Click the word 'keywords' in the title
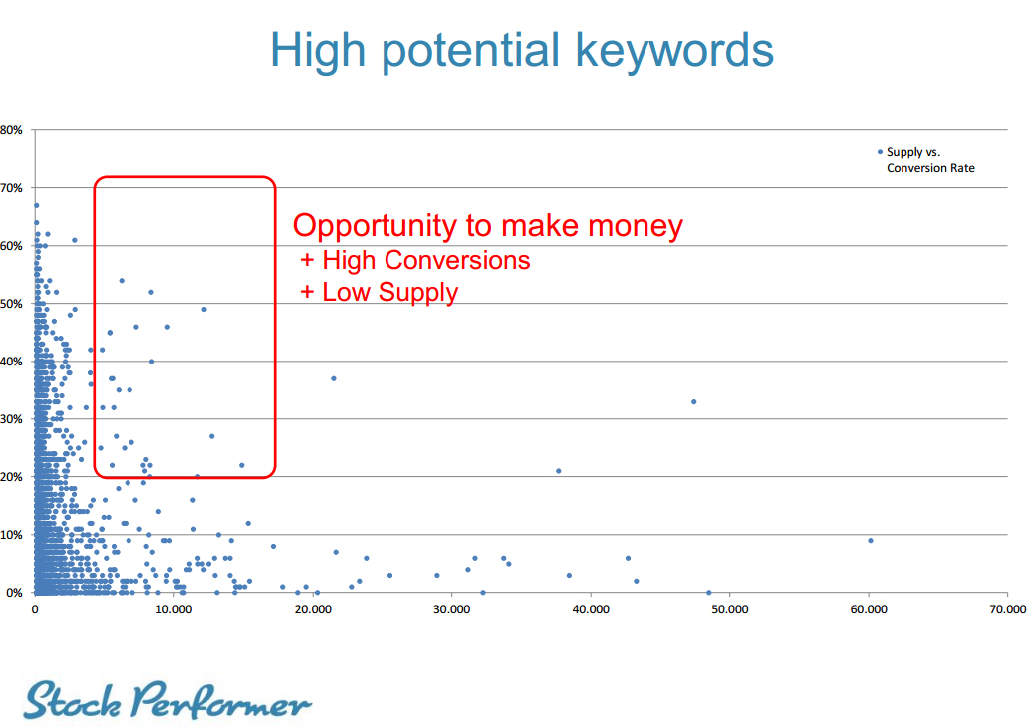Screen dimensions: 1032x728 (674, 51)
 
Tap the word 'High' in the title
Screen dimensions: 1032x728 (318, 50)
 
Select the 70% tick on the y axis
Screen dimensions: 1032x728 (11, 188)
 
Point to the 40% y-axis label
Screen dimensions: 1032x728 (11, 362)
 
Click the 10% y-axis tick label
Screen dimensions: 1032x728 (11, 535)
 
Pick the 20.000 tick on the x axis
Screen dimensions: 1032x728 (313, 609)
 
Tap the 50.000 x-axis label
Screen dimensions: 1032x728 (730, 609)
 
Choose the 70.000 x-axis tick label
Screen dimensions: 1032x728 (1008, 609)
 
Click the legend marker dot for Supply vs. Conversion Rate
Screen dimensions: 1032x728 (880, 152)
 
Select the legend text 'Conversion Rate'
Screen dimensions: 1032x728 (930, 168)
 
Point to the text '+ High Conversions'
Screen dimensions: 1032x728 (415, 260)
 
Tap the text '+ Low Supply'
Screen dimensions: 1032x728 (380, 292)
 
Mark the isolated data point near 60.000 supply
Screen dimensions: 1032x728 (871, 541)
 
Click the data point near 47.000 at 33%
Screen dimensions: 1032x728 (693, 401)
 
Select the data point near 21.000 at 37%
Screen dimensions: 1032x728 (334, 378)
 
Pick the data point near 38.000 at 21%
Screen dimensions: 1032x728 (559, 471)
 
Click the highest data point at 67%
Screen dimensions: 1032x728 (36, 205)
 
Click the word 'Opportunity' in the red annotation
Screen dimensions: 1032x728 (375, 227)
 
